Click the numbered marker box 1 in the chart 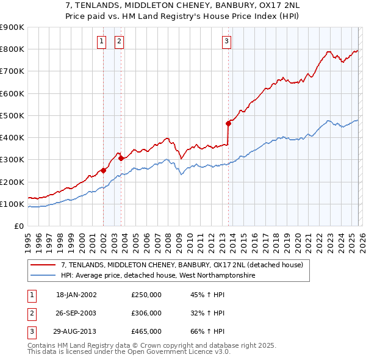coord(101,41)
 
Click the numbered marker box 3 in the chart coord(226,41)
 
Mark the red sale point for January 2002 coord(104,171)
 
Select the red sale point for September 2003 coord(121,158)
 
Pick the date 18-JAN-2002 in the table coord(76,295)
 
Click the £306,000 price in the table coord(146,313)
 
